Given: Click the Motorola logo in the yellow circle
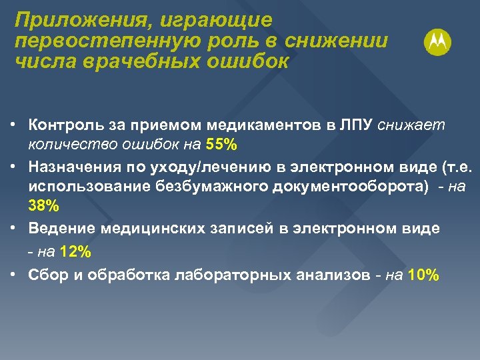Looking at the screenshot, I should point(437,43).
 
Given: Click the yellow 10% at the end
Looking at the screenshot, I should point(423,275).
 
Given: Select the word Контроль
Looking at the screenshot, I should point(64,124).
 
